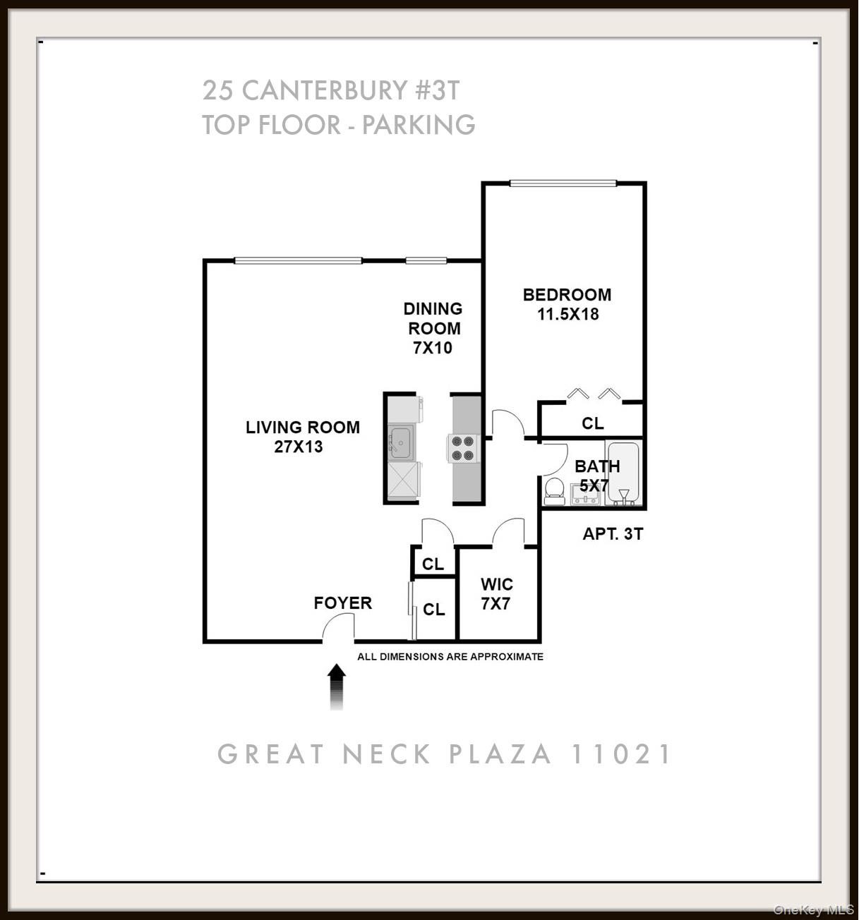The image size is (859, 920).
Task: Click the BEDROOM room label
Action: pyautogui.click(x=567, y=295)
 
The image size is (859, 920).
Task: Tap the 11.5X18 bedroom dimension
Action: pyautogui.click(x=567, y=315)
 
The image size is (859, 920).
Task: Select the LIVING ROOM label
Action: pyautogui.click(x=303, y=428)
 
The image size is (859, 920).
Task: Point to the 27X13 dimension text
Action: pyautogui.click(x=299, y=447)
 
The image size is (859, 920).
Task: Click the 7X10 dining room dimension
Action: pyautogui.click(x=433, y=348)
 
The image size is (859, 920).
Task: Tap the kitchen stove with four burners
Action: pyautogui.click(x=462, y=449)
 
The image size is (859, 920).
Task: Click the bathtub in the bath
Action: pyautogui.click(x=623, y=473)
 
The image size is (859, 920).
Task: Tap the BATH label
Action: pyautogui.click(x=597, y=466)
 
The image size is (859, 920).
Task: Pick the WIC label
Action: pyautogui.click(x=497, y=585)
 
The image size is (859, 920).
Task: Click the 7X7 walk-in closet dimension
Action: pyautogui.click(x=495, y=604)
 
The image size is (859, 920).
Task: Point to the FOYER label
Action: pyautogui.click(x=343, y=603)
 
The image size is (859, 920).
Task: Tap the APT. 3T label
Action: pyautogui.click(x=613, y=534)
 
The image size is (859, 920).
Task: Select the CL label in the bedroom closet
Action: pyautogui.click(x=593, y=423)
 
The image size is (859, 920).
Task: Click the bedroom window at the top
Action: pyautogui.click(x=563, y=184)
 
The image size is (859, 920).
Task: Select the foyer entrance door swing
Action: pyautogui.click(x=340, y=627)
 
